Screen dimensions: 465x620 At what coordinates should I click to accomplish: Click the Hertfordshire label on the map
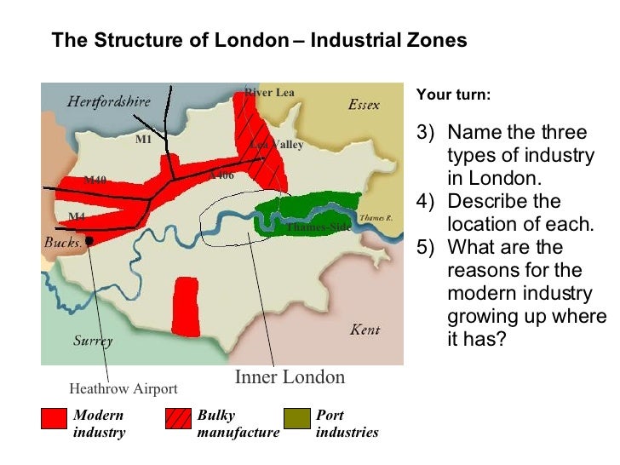pos(109,101)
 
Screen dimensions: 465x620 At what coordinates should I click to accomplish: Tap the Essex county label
pos(364,105)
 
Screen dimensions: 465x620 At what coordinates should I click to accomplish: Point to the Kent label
pos(365,330)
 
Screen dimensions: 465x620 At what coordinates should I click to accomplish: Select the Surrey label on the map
pos(93,341)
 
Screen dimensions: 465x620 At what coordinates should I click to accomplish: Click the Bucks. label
pos(63,243)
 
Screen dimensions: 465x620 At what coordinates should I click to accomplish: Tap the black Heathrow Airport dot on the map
pos(89,241)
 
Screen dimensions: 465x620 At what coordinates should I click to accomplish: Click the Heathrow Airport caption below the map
pos(123,389)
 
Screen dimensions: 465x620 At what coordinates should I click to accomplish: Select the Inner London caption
pos(290,377)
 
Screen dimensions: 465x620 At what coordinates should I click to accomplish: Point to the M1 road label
pos(143,140)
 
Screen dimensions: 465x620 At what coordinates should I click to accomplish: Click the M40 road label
pos(95,180)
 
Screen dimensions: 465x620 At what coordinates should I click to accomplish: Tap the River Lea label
pos(269,92)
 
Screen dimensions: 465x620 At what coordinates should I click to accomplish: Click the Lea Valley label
pos(277,145)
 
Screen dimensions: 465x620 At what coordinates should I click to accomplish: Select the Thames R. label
pos(376,218)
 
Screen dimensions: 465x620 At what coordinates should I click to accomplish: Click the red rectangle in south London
pos(186,306)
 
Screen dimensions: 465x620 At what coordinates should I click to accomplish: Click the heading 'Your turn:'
pos(453,95)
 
